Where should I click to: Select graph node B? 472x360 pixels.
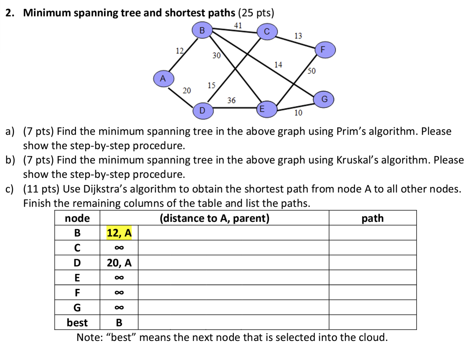tap(202, 31)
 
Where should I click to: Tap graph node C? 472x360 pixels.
tap(267, 32)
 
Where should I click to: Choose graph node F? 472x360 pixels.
tap(325, 50)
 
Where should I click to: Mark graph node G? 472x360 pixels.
tap(324, 99)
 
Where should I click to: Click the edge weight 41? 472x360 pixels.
tap(238, 26)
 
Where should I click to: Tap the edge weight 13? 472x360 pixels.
tap(298, 36)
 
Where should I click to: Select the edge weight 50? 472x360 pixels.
tap(312, 71)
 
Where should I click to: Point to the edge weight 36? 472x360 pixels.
tap(231, 100)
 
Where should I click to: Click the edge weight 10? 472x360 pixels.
tap(298, 113)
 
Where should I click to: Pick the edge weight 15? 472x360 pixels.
tap(212, 85)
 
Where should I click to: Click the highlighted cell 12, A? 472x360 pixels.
tap(119, 233)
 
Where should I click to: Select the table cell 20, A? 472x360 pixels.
tap(119, 263)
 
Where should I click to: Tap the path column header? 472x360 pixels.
tap(372, 218)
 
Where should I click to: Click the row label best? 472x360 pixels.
tap(77, 323)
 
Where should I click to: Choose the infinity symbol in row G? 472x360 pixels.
tap(119, 308)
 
